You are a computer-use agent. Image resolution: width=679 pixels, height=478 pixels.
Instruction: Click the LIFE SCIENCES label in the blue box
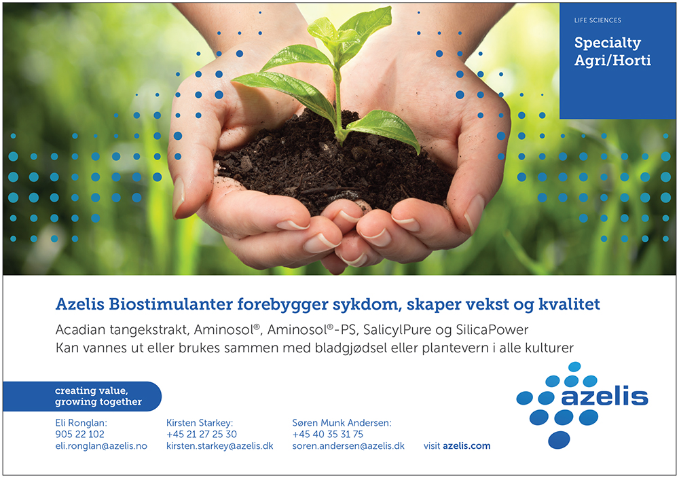(598, 20)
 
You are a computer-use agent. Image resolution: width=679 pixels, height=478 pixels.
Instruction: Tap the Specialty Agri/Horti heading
(612, 51)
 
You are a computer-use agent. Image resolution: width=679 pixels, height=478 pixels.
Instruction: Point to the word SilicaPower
(492, 330)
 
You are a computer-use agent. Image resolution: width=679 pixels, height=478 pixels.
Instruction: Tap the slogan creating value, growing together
(98, 396)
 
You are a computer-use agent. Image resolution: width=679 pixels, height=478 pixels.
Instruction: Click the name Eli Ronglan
(81, 422)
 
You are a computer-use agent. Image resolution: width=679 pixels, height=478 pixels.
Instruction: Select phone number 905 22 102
(79, 435)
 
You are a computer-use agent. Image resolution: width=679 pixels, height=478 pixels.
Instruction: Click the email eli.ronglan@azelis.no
(101, 446)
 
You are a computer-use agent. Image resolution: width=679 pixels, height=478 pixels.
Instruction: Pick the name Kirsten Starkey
(199, 422)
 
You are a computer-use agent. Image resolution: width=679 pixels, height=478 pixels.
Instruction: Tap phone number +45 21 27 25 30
(202, 435)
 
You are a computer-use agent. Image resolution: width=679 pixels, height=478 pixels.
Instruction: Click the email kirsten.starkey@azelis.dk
(219, 446)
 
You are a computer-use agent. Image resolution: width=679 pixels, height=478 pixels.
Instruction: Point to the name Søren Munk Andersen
(342, 422)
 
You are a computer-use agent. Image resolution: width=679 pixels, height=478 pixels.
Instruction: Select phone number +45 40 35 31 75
(327, 435)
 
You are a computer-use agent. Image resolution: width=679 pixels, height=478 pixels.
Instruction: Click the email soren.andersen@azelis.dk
(348, 446)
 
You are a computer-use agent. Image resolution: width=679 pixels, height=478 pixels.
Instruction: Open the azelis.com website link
(466, 446)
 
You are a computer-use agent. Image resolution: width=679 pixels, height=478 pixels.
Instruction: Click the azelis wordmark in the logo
(604, 396)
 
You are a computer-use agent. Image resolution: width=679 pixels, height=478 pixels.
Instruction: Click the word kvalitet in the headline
(569, 304)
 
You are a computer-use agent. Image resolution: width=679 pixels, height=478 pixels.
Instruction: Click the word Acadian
(81, 330)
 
